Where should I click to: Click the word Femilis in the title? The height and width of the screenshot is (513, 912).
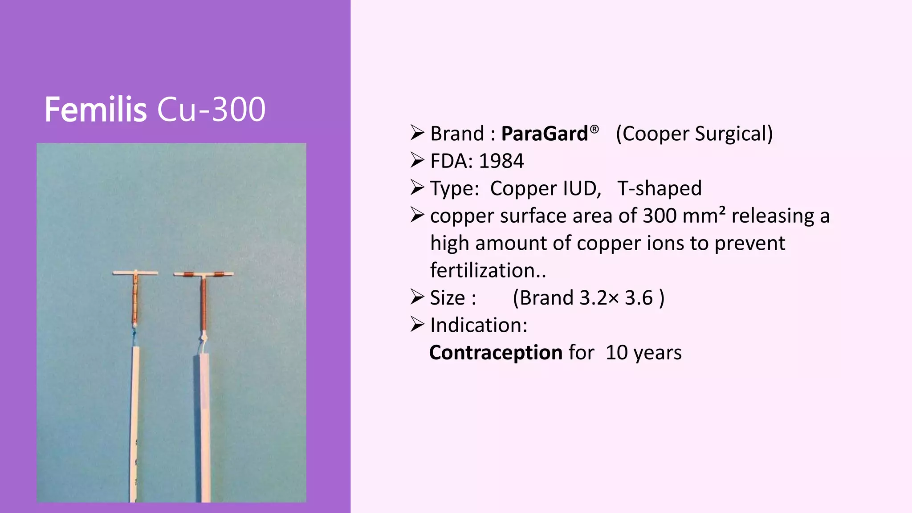(95, 110)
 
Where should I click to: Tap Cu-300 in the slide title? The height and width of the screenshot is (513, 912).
(212, 110)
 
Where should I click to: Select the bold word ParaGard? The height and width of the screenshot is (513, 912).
(545, 134)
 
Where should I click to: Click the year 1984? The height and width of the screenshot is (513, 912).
(501, 161)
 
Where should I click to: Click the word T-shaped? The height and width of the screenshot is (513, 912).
(659, 188)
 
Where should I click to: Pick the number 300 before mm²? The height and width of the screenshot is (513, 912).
(660, 216)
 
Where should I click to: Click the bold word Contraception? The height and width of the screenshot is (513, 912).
(496, 353)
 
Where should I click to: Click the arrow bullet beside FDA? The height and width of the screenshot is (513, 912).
(417, 160)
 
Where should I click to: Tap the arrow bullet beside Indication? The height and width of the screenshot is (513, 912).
(417, 324)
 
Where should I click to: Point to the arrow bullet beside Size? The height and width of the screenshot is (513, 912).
(417, 297)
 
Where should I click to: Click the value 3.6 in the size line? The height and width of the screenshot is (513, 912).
(639, 298)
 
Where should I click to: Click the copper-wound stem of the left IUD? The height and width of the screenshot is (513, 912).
(135, 303)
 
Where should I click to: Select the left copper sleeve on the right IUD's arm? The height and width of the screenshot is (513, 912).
(188, 274)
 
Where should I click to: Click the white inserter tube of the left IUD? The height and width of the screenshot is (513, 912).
(134, 423)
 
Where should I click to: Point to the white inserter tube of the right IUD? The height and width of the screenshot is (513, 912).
(204, 427)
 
